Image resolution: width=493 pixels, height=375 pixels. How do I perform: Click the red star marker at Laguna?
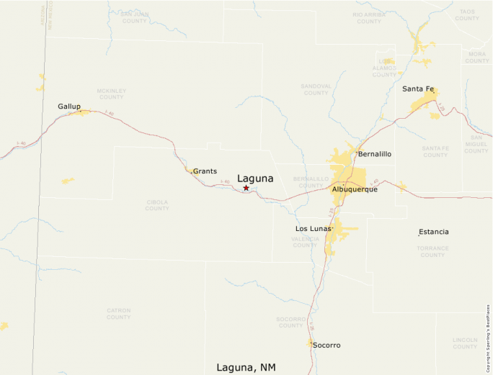[246, 188]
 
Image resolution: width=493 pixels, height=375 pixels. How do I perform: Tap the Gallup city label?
[69, 107]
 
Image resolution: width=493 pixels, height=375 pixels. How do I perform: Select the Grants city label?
[205, 171]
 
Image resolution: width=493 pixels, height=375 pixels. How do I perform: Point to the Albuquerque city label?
[355, 189]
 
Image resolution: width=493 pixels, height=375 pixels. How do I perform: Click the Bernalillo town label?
[375, 154]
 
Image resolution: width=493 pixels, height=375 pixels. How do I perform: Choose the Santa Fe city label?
[418, 89]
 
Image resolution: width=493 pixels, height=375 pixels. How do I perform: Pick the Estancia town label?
[434, 232]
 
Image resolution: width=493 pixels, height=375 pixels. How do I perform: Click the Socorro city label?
[327, 345]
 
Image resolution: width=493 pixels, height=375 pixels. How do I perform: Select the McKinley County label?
[111, 94]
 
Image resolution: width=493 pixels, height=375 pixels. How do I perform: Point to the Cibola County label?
[157, 205]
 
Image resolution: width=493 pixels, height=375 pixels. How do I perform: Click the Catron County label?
[119, 314]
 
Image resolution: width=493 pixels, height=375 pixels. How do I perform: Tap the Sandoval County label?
[316, 89]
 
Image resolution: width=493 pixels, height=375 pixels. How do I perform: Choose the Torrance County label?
[432, 251]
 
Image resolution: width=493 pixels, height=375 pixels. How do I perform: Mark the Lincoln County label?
[465, 343]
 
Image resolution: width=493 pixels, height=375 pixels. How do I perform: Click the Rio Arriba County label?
[368, 18]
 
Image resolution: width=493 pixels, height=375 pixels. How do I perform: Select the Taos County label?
[467, 15]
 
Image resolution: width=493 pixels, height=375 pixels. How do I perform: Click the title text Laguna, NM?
[245, 367]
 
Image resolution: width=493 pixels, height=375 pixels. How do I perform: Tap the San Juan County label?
[134, 17]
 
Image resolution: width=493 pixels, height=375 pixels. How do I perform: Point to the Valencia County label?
[305, 242]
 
